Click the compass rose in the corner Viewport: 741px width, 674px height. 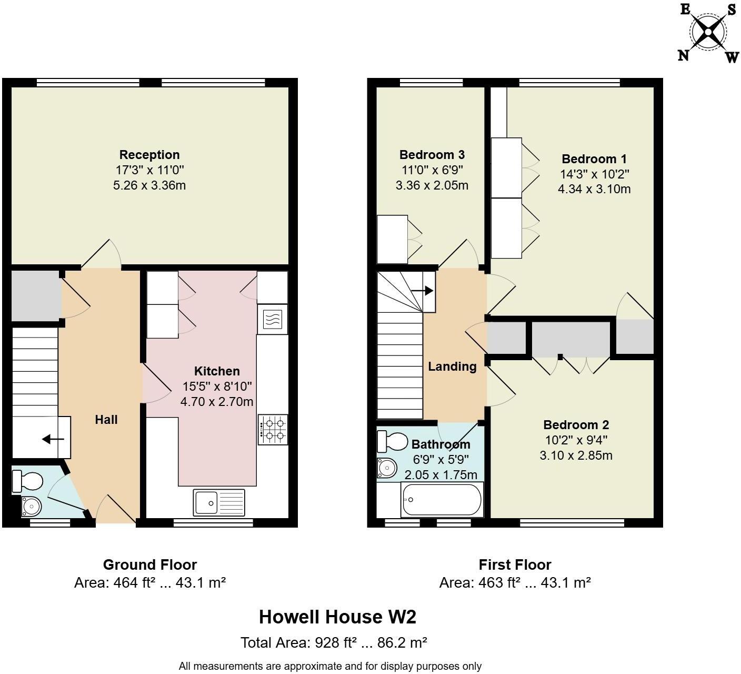pos(708,33)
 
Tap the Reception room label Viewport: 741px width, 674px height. pos(149,155)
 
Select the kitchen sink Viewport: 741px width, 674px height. pos(219,502)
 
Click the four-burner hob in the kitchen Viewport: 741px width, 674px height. pos(273,429)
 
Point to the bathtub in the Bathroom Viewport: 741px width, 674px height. pos(442,500)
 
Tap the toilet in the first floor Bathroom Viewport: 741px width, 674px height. pos(393,441)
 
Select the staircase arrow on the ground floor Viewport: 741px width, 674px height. pos(53,439)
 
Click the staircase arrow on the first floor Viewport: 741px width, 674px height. pos(422,290)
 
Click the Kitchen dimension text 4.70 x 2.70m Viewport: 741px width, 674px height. pos(217,402)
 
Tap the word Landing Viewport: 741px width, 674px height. pos(452,366)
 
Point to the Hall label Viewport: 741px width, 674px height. pos(106,420)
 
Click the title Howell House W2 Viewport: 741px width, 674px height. pos(337,617)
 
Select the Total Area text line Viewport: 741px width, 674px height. pos(333,643)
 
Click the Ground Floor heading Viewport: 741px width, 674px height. pos(150,565)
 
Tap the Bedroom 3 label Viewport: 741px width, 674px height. pos(432,155)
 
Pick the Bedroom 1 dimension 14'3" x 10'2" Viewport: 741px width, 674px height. pos(595,174)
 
